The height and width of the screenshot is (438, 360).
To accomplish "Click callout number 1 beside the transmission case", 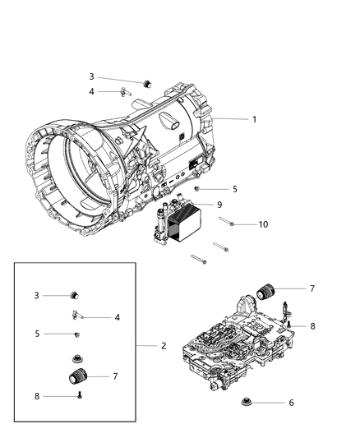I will pyautogui.click(x=254, y=119).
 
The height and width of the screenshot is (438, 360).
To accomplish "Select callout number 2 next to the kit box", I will pyautogui.click(x=164, y=346).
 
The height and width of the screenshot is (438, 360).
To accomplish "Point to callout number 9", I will pyautogui.click(x=219, y=205).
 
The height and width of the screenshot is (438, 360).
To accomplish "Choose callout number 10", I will pyautogui.click(x=263, y=224).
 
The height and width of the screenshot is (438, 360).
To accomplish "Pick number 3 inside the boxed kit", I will pyautogui.click(x=36, y=295).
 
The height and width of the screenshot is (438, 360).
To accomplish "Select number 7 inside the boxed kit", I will pyautogui.click(x=114, y=376).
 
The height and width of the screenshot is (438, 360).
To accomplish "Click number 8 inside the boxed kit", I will pyautogui.click(x=36, y=396).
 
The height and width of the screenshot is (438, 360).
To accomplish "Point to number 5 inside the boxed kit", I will pyautogui.click(x=36, y=334).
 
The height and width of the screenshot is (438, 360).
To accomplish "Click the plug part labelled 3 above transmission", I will pyautogui.click(x=149, y=83).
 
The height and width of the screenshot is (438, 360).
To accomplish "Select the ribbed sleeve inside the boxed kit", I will pyautogui.click(x=76, y=379).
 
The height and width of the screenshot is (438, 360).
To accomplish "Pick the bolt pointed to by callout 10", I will pyautogui.click(x=228, y=222).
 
